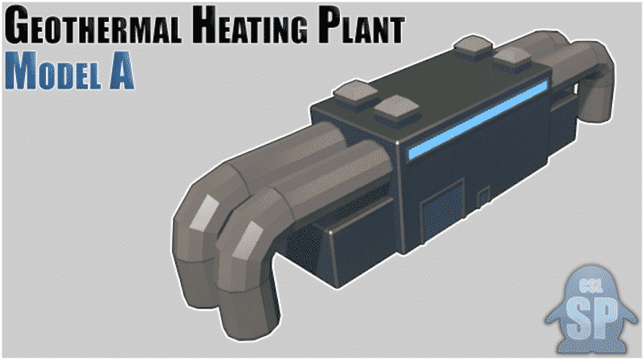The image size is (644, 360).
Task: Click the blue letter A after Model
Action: [122, 71]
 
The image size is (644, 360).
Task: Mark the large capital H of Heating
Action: [207, 25]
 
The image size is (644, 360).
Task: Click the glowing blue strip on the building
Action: [477, 119]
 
